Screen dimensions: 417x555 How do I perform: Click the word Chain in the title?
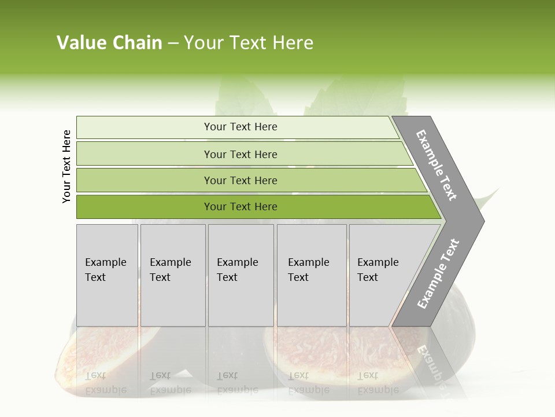click(137, 43)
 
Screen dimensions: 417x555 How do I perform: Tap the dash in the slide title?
click(173, 43)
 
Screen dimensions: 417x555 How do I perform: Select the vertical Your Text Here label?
click(66, 166)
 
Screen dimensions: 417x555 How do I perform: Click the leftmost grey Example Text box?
click(107, 275)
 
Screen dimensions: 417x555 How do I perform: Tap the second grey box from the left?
click(172, 275)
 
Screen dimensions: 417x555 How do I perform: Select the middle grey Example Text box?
click(240, 275)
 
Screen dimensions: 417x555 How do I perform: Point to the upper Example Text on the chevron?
click(436, 165)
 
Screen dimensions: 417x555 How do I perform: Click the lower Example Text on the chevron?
click(438, 273)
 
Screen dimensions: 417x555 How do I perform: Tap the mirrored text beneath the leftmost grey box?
click(106, 383)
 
